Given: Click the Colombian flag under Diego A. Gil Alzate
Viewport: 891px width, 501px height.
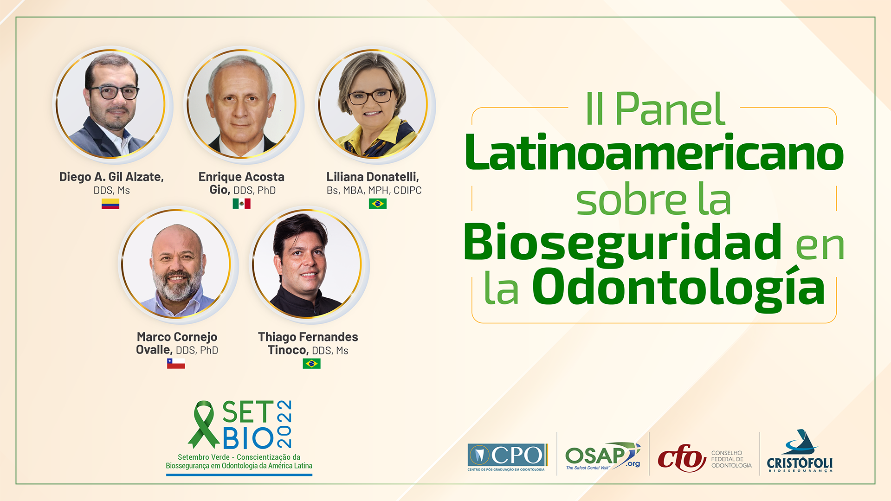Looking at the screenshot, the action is tap(110, 204).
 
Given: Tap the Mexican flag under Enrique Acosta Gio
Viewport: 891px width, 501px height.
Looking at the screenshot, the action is tap(241, 204).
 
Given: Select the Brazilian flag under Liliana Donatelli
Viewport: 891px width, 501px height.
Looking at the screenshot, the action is tap(378, 204).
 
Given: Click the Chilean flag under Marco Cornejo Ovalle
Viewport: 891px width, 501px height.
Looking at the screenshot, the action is tap(176, 363).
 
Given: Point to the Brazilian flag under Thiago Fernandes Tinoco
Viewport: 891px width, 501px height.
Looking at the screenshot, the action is tap(311, 363).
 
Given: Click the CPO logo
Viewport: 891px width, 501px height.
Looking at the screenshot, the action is tap(507, 457).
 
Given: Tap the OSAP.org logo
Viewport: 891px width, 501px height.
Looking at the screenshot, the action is tap(602, 456).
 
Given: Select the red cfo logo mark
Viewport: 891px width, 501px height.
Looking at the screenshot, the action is tap(681, 458).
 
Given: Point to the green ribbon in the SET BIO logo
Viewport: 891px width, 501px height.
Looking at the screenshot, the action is tap(203, 424).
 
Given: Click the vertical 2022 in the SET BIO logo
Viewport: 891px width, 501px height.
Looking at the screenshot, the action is tap(284, 424).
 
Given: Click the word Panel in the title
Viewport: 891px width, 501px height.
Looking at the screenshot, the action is tap(670, 109).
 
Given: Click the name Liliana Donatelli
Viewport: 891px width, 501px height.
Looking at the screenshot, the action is tap(373, 177).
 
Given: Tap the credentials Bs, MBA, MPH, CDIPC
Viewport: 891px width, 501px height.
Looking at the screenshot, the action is tap(374, 190).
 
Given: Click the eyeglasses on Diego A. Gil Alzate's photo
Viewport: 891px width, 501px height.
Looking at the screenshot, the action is tap(114, 92).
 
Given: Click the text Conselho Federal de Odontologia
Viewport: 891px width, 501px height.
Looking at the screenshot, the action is tap(731, 459).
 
